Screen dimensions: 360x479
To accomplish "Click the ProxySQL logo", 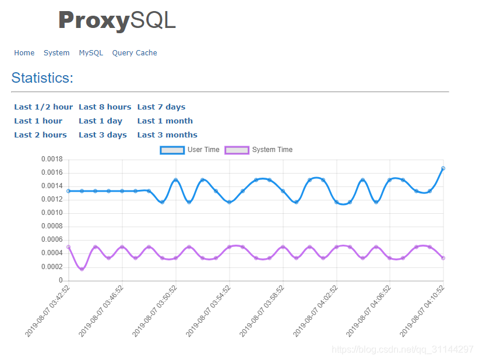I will pos(117,21).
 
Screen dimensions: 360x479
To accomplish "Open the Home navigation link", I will pos(24,53).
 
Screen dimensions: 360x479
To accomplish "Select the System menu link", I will pos(57,53).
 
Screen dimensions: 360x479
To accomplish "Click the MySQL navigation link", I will pos(91,53).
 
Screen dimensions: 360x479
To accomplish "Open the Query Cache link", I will pos(135,53).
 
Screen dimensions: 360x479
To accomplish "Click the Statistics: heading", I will pos(43,78).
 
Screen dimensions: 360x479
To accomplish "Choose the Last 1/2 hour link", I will pos(44,107).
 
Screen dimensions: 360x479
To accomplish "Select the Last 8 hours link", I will pos(105,107).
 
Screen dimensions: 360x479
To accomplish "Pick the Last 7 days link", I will pos(161,107).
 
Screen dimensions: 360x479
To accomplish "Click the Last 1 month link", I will pos(165,121).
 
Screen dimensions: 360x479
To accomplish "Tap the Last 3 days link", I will pos(103,135).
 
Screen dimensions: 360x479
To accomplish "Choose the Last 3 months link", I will pos(167,135).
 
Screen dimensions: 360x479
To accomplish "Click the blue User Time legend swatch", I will pos(172,150).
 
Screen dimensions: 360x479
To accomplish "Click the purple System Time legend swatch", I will pos(237,150).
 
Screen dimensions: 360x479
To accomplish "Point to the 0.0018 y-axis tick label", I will pos(51,159).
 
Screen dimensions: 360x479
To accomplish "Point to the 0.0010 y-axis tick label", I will pos(51,213).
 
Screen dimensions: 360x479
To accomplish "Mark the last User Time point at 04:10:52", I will pos(443,168).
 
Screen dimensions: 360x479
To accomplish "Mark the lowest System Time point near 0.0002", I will pos(82,269).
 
